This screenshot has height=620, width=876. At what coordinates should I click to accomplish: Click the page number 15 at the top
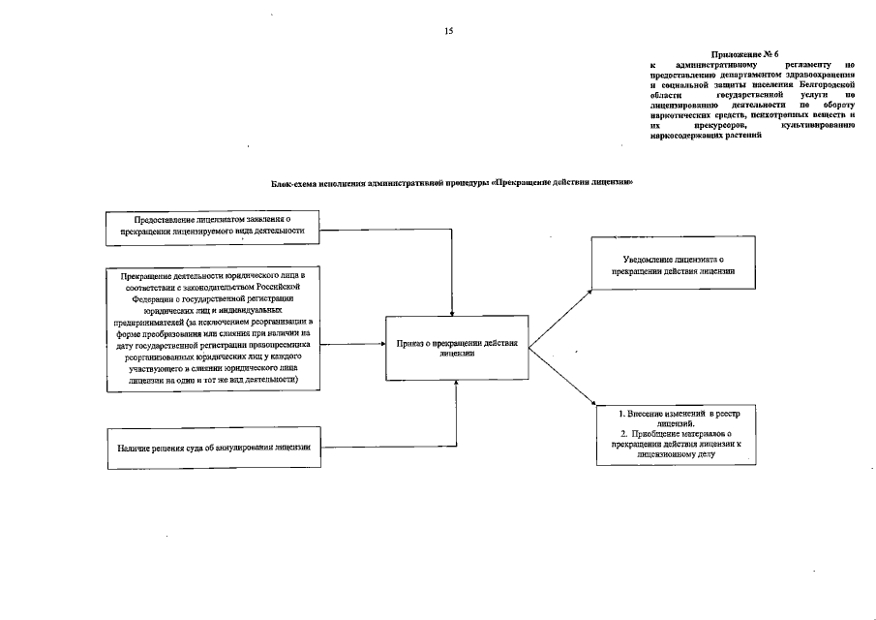(448, 31)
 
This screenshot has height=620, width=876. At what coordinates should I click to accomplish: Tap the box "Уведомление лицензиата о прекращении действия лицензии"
(674, 265)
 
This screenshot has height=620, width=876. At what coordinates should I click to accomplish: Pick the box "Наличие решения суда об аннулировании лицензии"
(213, 448)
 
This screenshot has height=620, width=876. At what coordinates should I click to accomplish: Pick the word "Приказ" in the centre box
(413, 343)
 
